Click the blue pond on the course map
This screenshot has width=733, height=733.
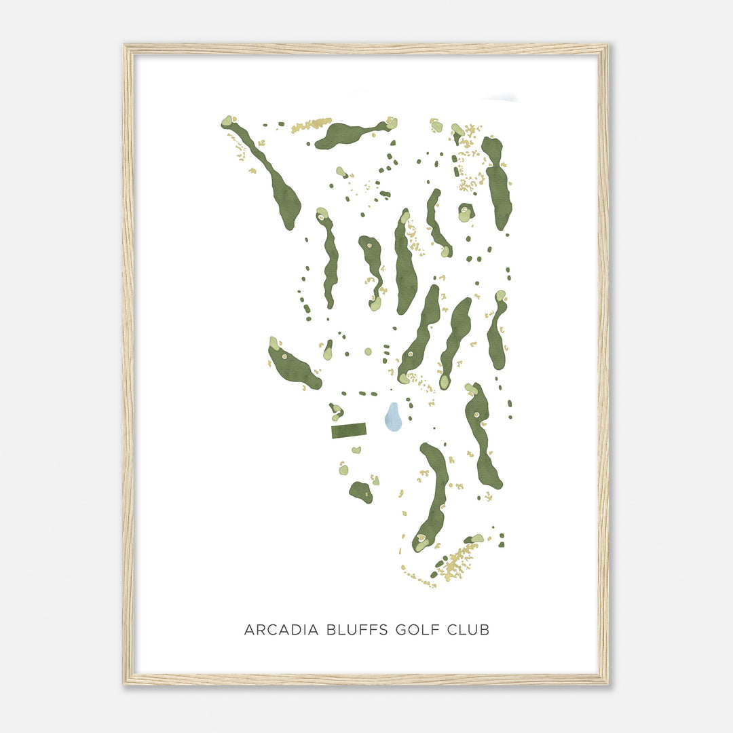coord(393,417)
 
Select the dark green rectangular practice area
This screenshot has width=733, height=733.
coord(349,430)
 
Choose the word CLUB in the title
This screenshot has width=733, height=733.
coord(468,629)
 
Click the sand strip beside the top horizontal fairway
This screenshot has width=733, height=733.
coord(311,125)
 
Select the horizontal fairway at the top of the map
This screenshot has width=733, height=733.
coord(346,133)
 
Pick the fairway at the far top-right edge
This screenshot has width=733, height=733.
coord(499,183)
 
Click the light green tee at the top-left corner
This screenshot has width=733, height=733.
coord(227,121)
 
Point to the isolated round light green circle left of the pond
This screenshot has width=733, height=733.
coord(368,352)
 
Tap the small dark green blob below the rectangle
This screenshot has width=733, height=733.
coord(361,491)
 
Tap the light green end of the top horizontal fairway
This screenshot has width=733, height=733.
coord(391,123)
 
